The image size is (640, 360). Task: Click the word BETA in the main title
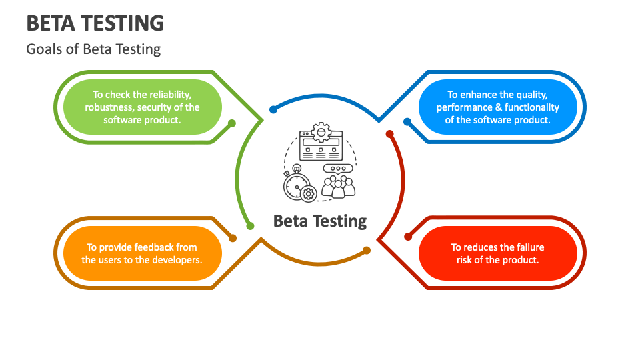pyautogui.click(x=51, y=23)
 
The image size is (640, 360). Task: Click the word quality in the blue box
pyautogui.click(x=532, y=95)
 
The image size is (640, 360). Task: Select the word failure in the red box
pyautogui.click(x=529, y=247)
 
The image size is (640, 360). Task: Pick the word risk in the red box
pyautogui.click(x=464, y=260)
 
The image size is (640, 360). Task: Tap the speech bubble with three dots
pyautogui.click(x=337, y=169)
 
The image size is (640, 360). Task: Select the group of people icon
pyautogui.click(x=339, y=187)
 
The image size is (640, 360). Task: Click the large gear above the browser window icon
pyautogui.click(x=321, y=132)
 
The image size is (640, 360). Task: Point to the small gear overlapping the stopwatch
pyautogui.click(x=309, y=193)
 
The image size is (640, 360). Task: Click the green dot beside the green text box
pyautogui.click(x=232, y=123)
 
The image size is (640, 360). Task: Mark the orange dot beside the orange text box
pyautogui.click(x=233, y=238)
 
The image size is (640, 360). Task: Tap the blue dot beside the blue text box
pyautogui.click(x=407, y=121)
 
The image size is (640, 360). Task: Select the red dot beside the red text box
pyautogui.click(x=408, y=237)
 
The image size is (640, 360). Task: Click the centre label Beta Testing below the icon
pyautogui.click(x=320, y=221)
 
